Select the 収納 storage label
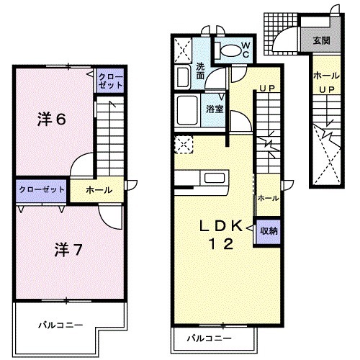270,230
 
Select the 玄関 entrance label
321,40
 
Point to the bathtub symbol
189,109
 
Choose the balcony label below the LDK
210,337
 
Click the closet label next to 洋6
110,80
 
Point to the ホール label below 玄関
326,75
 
